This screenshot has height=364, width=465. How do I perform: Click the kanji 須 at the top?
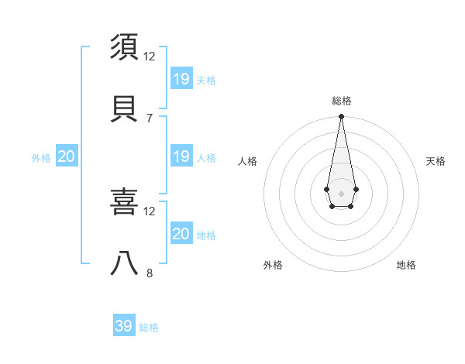tap(125, 46)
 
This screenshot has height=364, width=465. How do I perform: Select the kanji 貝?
tap(125, 106)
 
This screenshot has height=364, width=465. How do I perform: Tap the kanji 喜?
tap(125, 202)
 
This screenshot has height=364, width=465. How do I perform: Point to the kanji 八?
tap(125, 263)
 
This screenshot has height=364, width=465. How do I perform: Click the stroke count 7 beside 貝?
tap(149, 118)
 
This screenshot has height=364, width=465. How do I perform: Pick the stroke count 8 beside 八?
tap(149, 273)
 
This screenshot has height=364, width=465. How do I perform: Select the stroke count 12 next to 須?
tap(150, 57)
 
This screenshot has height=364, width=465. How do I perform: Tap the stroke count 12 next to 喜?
tap(150, 211)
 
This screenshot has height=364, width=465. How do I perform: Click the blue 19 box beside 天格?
tap(181, 78)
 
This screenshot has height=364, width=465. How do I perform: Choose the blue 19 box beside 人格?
tap(181, 156)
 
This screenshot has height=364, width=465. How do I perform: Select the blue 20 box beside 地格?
tap(181, 234)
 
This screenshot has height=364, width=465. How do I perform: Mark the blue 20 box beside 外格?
tap(67, 156)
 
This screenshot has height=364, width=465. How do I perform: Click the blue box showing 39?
tap(124, 326)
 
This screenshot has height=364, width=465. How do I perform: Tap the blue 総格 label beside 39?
tap(149, 328)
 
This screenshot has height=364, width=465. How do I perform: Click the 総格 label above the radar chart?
tap(341, 101)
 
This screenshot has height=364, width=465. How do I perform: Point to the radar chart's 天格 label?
tap(436, 161)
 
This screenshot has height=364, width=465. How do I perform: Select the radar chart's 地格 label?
tap(406, 265)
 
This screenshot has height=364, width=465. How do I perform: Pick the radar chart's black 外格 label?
tap(273, 265)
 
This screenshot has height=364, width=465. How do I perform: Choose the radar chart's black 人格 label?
tap(248, 161)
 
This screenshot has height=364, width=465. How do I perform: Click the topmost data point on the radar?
tap(341, 117)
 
